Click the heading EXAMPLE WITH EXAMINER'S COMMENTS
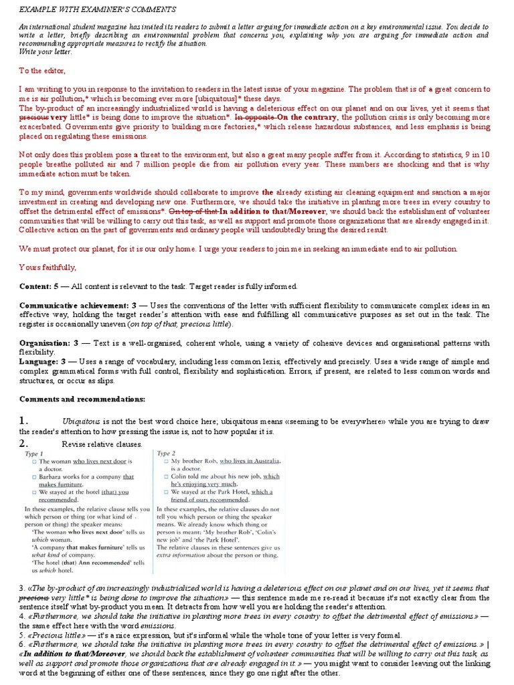point(98,9)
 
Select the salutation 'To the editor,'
point(43,70)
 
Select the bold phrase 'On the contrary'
point(308,117)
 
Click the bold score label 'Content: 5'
point(40,286)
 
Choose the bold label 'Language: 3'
point(42,361)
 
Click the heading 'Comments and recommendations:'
point(82,399)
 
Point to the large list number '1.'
point(24,421)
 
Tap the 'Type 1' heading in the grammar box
point(34,453)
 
